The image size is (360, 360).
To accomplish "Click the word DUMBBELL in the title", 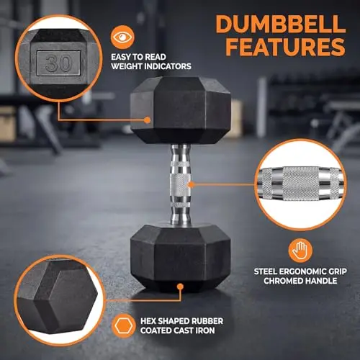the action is [x=280, y=24].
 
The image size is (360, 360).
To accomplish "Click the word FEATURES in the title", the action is [x=286, y=47].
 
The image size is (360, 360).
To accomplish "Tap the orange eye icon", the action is [x=122, y=37].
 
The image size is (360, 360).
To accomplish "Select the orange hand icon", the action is [x=300, y=250].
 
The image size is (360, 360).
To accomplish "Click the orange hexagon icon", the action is [x=123, y=325].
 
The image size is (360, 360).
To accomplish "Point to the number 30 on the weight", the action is [x=58, y=63].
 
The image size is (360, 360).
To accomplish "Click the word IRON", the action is [x=205, y=330].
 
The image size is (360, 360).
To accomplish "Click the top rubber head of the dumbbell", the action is [x=181, y=110].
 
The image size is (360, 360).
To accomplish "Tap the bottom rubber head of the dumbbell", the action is [x=181, y=258].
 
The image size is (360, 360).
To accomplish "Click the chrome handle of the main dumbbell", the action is [x=181, y=184].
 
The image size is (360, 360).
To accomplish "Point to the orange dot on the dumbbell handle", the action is [x=191, y=184].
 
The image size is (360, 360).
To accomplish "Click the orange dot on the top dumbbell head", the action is [x=148, y=120].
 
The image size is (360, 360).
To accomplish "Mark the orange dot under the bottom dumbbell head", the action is [x=180, y=287].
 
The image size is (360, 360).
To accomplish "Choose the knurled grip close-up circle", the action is [x=300, y=185].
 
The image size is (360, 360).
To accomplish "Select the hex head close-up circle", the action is [x=59, y=300].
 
